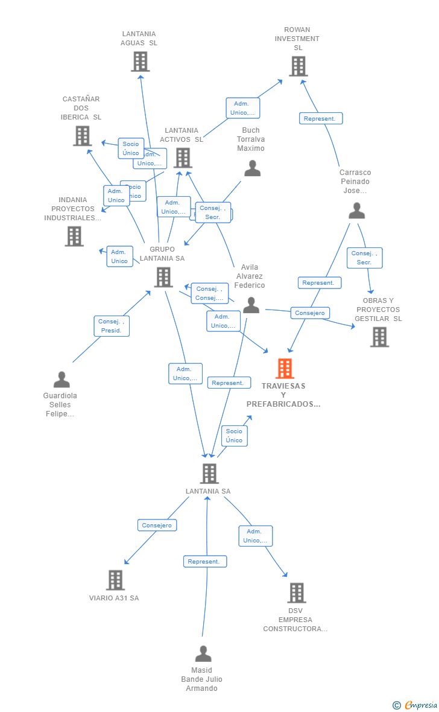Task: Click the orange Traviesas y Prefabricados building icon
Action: (x=285, y=368)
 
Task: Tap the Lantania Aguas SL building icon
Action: (x=140, y=62)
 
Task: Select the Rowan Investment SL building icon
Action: (x=298, y=66)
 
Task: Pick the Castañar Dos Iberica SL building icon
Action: (x=82, y=136)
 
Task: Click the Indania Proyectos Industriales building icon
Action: (x=74, y=236)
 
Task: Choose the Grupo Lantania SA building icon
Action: (x=163, y=277)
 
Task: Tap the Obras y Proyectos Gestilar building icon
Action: (x=379, y=337)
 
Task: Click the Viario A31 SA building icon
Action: (x=115, y=580)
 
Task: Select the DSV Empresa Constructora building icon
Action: (x=296, y=593)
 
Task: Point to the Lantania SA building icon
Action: (x=209, y=474)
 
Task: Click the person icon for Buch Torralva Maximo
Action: (x=252, y=168)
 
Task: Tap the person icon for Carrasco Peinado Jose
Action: (x=357, y=211)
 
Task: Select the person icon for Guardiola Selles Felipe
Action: (x=62, y=380)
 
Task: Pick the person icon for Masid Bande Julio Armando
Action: (x=203, y=654)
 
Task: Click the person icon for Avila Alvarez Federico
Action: (x=251, y=306)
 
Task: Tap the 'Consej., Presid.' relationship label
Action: (x=112, y=326)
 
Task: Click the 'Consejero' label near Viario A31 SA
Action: (x=157, y=526)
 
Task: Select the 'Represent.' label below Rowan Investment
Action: (x=321, y=119)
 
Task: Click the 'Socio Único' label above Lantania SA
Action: (x=234, y=436)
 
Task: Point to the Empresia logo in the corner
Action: (x=416, y=705)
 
